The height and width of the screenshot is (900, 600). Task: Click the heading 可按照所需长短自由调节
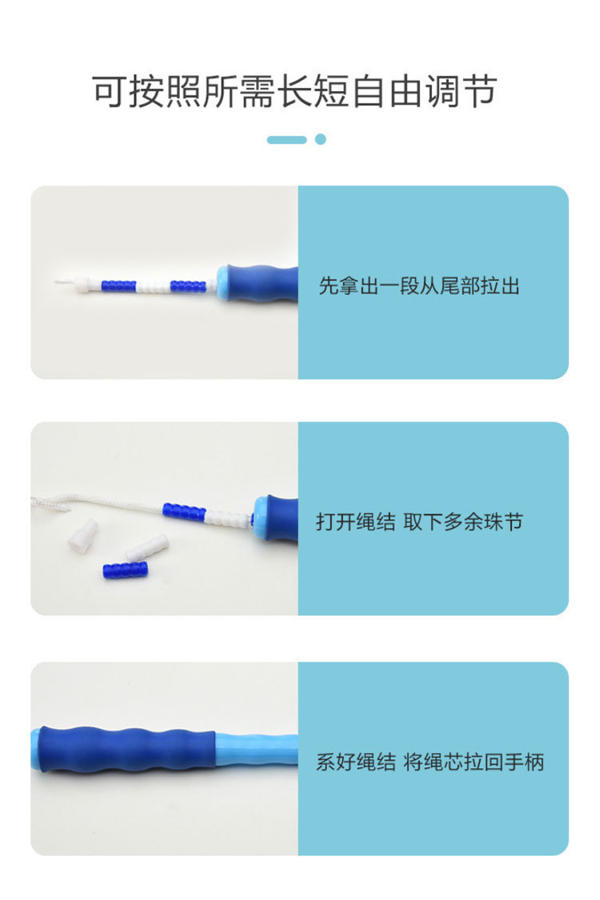click(x=294, y=92)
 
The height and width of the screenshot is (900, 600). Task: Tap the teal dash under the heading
click(x=286, y=140)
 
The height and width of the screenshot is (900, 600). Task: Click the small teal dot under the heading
click(x=321, y=139)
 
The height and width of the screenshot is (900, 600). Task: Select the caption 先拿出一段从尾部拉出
click(x=419, y=286)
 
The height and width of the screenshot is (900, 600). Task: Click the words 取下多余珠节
click(x=463, y=523)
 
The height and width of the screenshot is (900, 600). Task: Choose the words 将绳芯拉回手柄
click(x=474, y=762)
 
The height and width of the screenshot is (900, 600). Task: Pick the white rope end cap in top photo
click(x=83, y=285)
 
